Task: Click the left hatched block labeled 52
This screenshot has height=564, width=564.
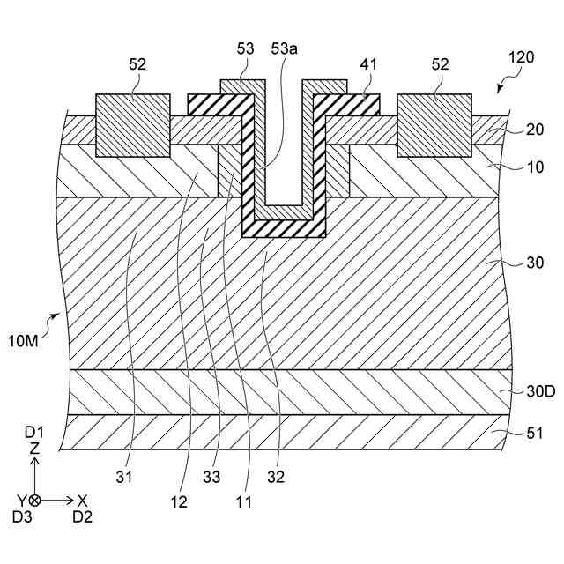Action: point(134,125)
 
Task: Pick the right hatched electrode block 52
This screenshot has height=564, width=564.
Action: point(434,125)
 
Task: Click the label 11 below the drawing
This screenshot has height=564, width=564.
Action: point(243,503)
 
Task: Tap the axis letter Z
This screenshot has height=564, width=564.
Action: point(34,449)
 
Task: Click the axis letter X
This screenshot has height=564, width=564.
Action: point(82,499)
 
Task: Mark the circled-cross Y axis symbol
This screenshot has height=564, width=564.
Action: point(34,499)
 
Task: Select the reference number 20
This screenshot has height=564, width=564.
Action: point(535,130)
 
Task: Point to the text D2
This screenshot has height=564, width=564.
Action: point(82,516)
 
